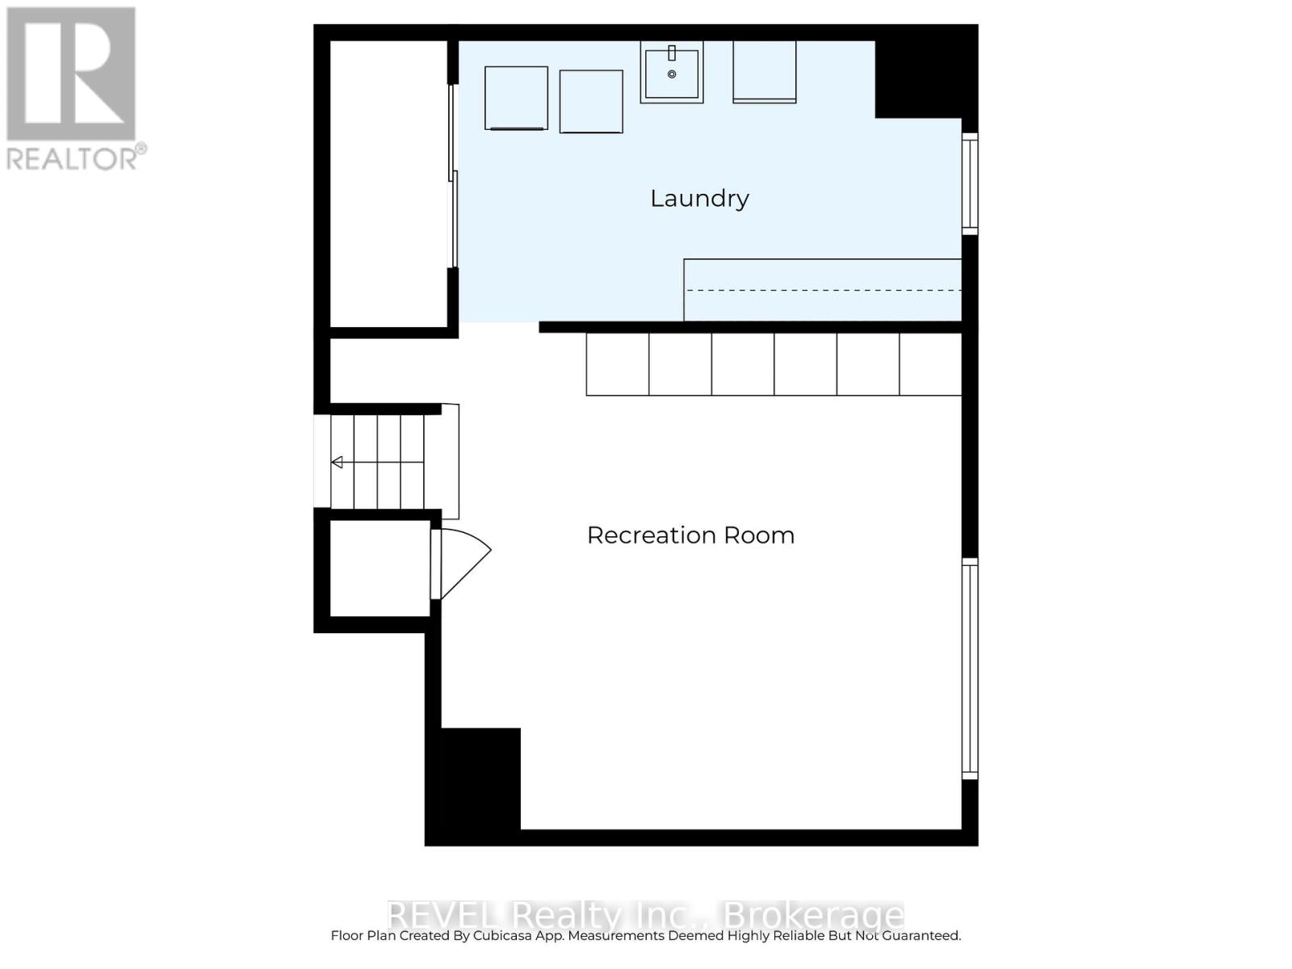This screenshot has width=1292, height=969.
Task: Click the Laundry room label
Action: pos(699,199)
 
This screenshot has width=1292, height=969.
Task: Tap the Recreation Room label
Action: pos(690,535)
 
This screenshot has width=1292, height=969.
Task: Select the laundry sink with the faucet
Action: pos(671,73)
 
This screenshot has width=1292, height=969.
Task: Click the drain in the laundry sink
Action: pos(672,74)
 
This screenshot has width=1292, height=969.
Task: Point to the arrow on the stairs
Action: pos(338,462)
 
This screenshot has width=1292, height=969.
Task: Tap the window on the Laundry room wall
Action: pos(970,184)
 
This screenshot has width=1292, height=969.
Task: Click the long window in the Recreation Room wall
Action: pos(970,669)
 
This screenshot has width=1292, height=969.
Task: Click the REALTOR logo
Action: pos(73,89)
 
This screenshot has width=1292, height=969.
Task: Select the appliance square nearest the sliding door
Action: pos(516,98)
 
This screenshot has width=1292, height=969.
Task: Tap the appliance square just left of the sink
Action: pos(591,102)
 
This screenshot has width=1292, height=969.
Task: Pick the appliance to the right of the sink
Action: pos(764,72)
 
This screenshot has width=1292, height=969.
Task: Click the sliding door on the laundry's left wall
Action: pos(454,176)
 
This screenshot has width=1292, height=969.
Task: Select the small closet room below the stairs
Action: pos(380,568)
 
